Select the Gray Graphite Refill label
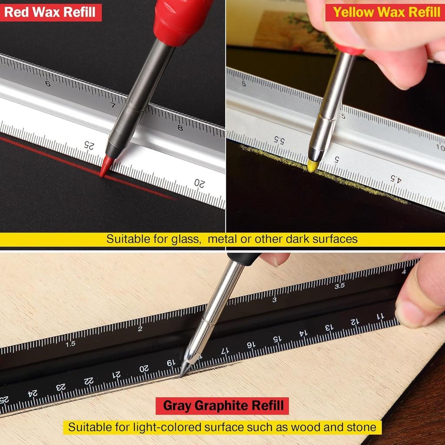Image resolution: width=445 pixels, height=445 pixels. click(222, 406)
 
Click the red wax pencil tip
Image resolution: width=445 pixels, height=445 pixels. click(106, 169)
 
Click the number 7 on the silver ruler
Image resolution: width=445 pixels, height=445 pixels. click(113, 105)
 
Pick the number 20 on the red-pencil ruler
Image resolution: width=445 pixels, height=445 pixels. click(199, 183)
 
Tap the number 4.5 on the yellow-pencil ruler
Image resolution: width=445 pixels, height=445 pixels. click(396, 178)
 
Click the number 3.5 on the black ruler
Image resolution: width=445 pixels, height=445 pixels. click(339, 286)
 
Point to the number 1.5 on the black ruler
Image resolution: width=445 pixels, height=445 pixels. click(70, 344)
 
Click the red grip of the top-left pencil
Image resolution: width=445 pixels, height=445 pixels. click(183, 20)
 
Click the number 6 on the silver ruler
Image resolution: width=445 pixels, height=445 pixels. click(48, 83)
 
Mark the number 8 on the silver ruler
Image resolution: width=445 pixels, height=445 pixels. click(180, 128)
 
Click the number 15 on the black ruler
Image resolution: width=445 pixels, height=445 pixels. click(276, 339)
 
